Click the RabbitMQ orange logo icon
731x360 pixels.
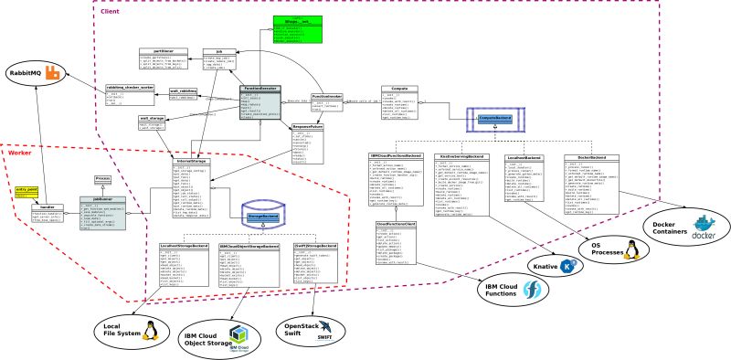tap(53, 72)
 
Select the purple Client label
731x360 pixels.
tap(109, 12)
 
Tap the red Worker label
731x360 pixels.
tap(19, 153)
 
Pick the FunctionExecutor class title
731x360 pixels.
tap(260, 89)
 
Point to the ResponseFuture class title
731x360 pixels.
tap(310, 127)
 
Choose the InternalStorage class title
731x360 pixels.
tap(194, 162)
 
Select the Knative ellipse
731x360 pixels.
tap(556, 266)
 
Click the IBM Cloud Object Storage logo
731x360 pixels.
tap(239, 334)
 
